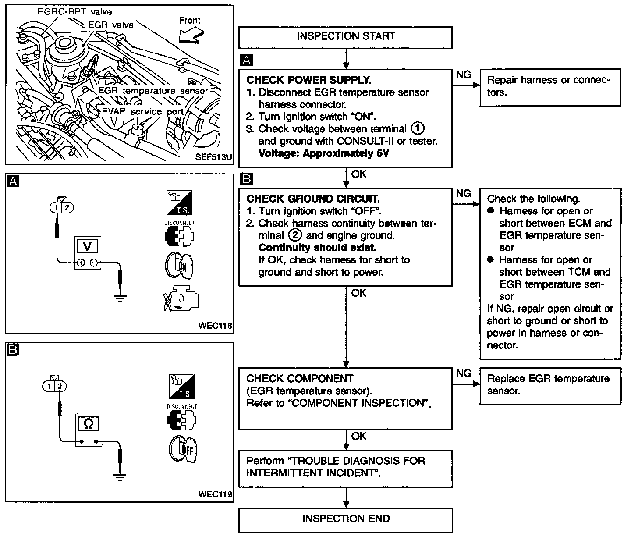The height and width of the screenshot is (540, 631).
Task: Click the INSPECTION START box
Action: [x=345, y=36]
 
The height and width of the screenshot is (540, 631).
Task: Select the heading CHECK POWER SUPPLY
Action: [x=308, y=80]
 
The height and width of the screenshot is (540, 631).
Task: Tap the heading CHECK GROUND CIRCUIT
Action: [x=312, y=199]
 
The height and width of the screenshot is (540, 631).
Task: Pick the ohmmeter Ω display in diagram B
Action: [x=88, y=423]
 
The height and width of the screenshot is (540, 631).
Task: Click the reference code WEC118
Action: [x=215, y=326]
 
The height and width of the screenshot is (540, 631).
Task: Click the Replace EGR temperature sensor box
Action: [x=550, y=385]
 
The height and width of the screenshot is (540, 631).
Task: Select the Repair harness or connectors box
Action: [x=550, y=86]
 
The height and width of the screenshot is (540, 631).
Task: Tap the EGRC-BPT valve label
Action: [x=74, y=12]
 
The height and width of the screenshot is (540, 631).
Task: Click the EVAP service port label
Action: [x=143, y=111]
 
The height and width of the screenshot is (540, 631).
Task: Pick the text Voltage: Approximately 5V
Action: [x=323, y=153]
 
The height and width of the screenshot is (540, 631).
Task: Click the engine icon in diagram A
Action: [x=181, y=298]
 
